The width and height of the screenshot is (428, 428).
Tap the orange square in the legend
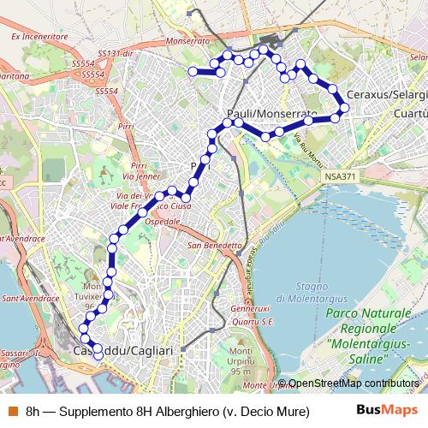point(11,410)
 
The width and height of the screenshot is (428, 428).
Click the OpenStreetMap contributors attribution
point(353,383)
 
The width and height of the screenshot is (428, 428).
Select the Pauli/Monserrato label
point(271,114)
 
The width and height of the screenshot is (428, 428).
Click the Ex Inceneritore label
point(39,38)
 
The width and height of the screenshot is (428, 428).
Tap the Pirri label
point(127,126)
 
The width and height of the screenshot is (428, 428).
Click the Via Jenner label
point(141,176)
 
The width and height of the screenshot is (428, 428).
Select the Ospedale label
point(163,221)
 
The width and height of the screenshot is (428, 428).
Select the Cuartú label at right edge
point(409,112)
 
